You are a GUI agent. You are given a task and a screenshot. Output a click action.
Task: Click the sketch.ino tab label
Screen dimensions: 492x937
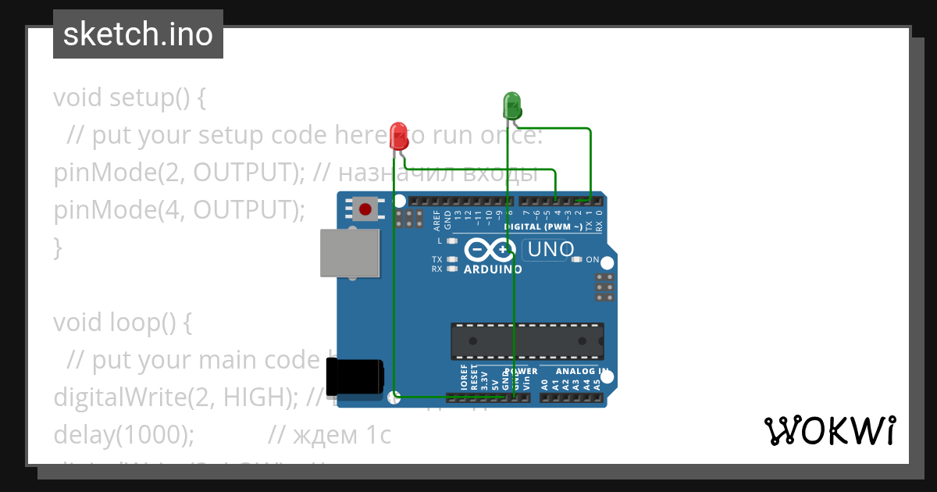click(138, 34)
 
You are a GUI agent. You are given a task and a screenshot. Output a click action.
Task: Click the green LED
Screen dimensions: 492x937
click(511, 105)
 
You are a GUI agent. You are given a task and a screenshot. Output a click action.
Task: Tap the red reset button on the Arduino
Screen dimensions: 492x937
click(365, 209)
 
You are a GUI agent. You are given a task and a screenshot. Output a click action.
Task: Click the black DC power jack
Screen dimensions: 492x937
click(354, 376)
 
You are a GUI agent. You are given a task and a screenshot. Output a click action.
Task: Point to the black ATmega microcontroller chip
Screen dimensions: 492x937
click(527, 341)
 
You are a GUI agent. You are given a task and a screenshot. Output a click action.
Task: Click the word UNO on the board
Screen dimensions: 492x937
click(551, 250)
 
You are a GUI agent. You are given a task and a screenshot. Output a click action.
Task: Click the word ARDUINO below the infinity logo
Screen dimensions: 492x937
click(493, 269)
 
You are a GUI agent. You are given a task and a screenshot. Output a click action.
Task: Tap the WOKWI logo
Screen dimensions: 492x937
click(829, 430)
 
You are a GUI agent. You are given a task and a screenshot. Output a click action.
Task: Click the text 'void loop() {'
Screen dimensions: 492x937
click(122, 322)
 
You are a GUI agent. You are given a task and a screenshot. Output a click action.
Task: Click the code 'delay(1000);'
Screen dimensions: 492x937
click(124, 434)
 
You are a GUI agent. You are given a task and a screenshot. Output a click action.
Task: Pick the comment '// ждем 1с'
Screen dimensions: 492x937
click(330, 434)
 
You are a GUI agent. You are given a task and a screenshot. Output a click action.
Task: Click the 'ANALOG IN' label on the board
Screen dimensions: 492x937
click(582, 371)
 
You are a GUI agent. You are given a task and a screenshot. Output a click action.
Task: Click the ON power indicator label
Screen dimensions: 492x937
click(593, 259)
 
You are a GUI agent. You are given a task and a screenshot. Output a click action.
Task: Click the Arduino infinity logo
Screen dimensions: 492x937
click(490, 250)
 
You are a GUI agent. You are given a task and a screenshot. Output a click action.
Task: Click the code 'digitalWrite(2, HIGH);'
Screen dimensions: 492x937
click(175, 397)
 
